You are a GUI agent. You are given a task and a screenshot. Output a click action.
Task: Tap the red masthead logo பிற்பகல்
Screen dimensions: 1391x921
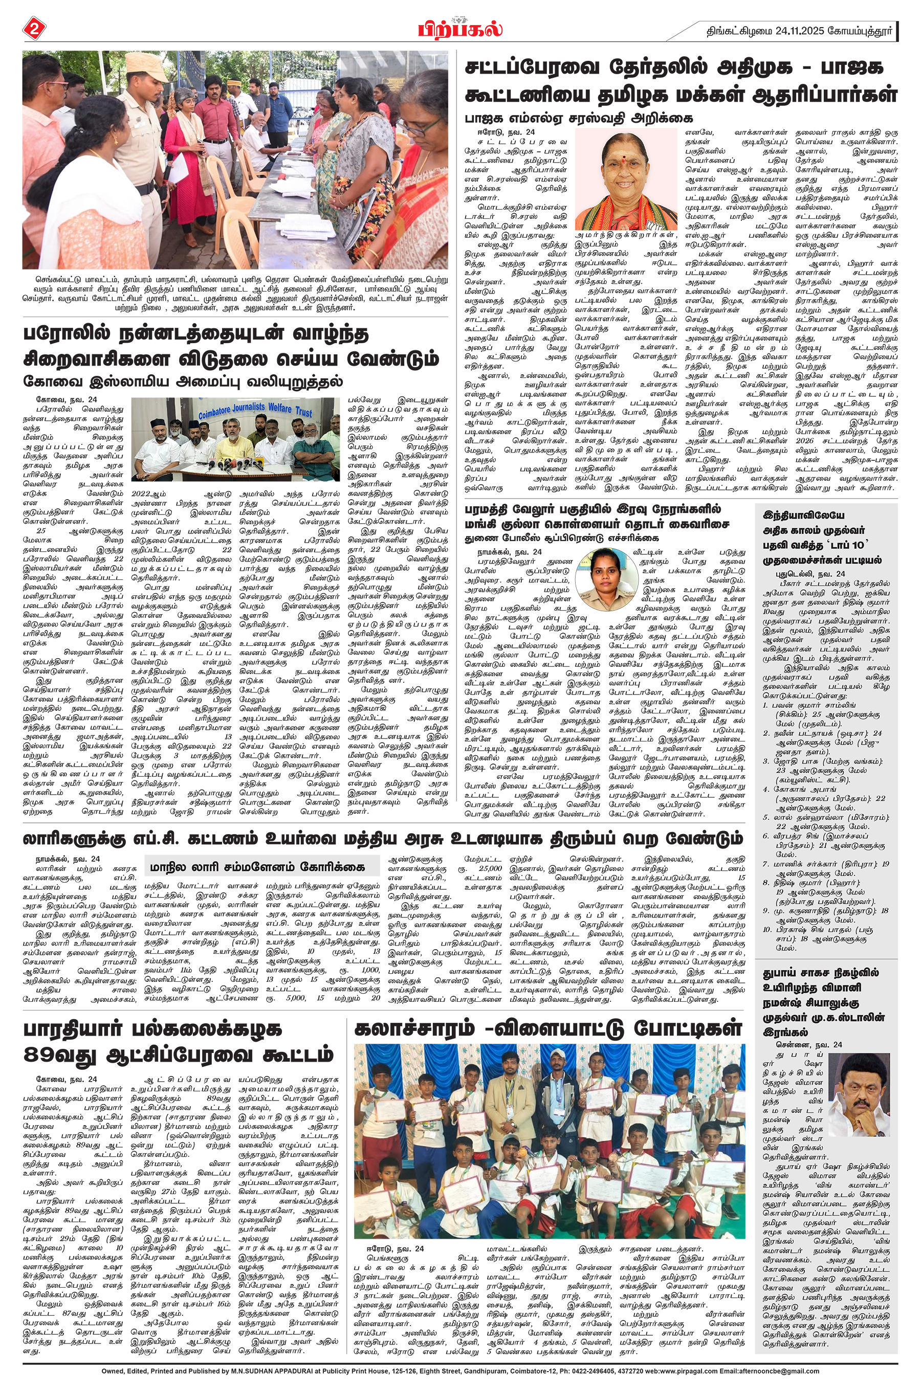point(460,28)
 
